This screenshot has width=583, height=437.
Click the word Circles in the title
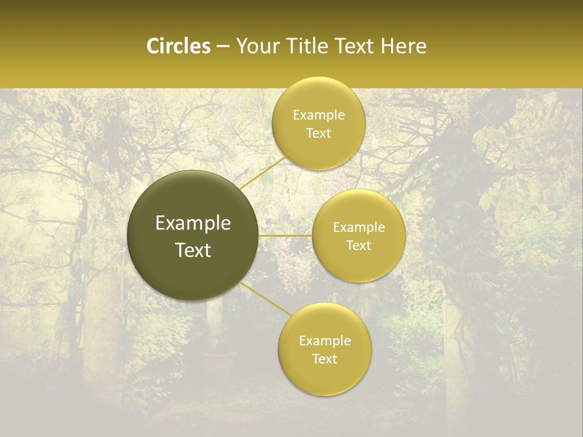[x=179, y=46]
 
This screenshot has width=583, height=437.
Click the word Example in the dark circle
[x=193, y=223]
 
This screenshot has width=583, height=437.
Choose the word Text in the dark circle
[x=193, y=250]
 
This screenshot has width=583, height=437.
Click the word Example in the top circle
[x=319, y=115]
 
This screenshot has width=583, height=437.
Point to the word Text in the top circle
[x=318, y=134]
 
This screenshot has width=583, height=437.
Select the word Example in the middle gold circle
[x=359, y=228]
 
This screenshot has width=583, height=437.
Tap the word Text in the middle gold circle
[x=359, y=246]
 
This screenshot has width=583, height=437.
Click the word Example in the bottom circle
[x=325, y=340]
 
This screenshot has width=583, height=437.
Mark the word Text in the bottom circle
[x=325, y=359]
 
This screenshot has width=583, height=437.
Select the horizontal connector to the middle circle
[x=285, y=235]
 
